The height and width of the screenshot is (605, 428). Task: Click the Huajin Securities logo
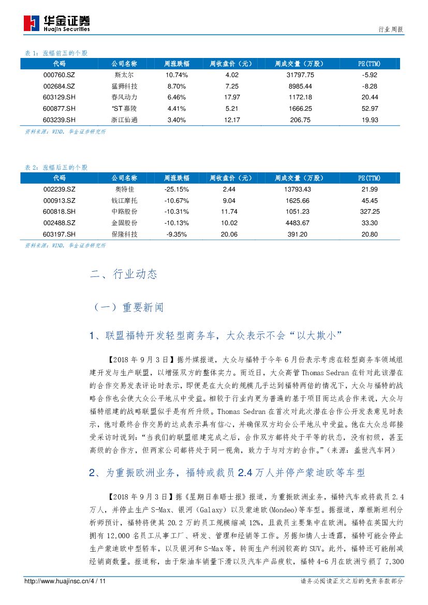pyautogui.click(x=57, y=23)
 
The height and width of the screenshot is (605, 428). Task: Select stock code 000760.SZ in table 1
pyautogui.click(x=59, y=75)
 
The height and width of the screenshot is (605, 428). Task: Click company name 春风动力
pyautogui.click(x=124, y=97)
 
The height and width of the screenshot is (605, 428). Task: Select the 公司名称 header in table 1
pyautogui.click(x=124, y=64)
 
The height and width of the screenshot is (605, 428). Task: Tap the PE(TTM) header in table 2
pyautogui.click(x=368, y=178)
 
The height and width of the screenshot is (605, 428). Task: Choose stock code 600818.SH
pyautogui.click(x=59, y=212)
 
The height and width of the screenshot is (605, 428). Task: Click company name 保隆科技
pyautogui.click(x=124, y=234)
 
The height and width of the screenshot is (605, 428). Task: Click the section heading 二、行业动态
pyautogui.click(x=123, y=274)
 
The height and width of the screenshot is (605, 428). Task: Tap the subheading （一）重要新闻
pyautogui.click(x=127, y=307)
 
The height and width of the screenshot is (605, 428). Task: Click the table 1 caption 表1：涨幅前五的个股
pyautogui.click(x=56, y=53)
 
